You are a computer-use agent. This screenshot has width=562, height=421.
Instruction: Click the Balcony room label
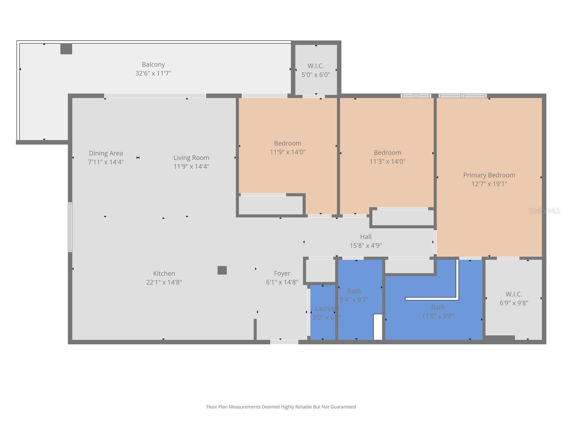click(153, 65)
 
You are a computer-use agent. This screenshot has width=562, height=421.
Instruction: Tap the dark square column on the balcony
click(66, 49)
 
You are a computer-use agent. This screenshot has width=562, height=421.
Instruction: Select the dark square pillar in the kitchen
click(222, 270)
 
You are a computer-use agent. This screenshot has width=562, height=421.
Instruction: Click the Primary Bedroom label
click(489, 175)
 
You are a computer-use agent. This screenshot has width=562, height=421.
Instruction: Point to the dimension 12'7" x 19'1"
click(489, 184)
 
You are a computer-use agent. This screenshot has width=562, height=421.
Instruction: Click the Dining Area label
click(106, 153)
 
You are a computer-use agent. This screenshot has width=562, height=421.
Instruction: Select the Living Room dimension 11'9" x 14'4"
click(191, 167)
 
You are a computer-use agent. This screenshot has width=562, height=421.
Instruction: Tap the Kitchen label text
click(164, 273)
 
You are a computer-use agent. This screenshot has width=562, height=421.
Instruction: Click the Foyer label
click(282, 273)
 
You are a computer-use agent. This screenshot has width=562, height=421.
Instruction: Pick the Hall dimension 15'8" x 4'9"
click(365, 246)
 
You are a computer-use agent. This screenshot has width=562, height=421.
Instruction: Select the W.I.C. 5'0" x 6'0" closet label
click(315, 66)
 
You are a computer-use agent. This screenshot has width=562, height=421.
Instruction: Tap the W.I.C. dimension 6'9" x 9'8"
click(514, 303)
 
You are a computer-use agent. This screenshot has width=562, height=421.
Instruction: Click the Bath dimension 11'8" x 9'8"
click(438, 316)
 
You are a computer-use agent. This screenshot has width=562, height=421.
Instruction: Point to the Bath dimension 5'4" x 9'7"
click(354, 300)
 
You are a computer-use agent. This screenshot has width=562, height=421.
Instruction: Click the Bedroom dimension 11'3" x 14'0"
click(387, 161)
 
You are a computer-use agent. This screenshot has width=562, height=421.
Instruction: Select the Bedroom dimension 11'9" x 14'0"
click(287, 152)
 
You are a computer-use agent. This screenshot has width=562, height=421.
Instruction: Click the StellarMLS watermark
click(544, 211)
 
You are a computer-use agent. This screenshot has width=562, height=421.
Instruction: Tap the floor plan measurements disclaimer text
click(281, 407)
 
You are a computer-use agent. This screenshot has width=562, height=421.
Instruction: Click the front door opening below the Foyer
click(284, 342)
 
